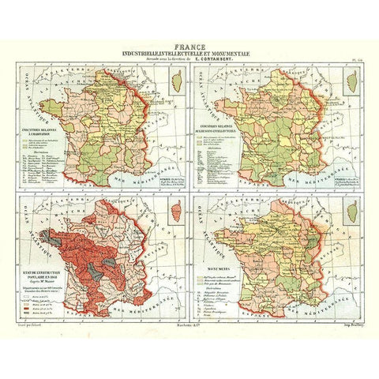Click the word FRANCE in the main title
189,44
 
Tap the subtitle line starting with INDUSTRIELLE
189,52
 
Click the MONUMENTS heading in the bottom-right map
219,247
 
